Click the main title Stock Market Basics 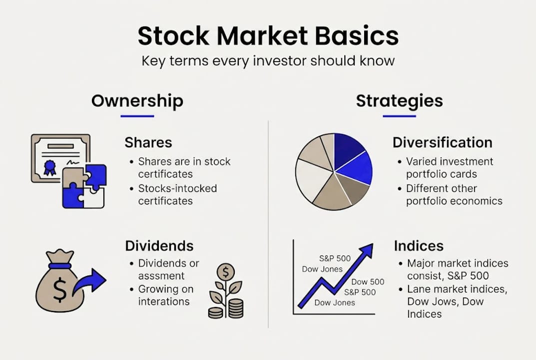pos(268,35)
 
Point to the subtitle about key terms pos(268,61)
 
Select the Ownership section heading pos(137,101)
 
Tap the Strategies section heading pos(399,101)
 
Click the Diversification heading pos(442,142)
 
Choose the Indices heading pos(419,245)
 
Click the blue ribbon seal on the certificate pos(50,167)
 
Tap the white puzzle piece pos(94,198)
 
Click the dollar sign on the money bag pos(60,289)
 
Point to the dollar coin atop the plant pos(226,272)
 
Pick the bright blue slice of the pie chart pos(356,167)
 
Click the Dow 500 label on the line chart pos(368,281)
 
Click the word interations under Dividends pos(164,301)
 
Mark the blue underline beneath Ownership pos(137,116)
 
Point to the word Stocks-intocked pos(177,188)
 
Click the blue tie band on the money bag pos(60,266)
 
